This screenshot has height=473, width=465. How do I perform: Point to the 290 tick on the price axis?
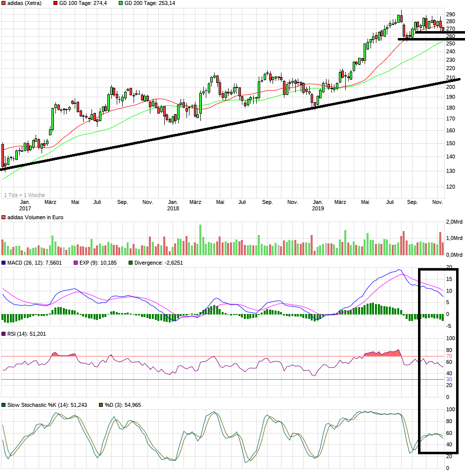pos(450,14)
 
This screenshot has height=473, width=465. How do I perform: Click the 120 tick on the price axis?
pos(450,187)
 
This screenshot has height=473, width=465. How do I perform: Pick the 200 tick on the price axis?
pos(450,87)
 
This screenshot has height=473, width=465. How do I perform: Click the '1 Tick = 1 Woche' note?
pos(24,195)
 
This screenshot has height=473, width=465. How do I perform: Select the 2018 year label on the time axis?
pos(173,208)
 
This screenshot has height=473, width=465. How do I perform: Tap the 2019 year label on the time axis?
pos(318,208)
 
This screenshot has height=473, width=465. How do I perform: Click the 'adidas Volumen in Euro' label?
pos(34,217)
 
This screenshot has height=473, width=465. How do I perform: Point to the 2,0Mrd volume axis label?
pos(454,221)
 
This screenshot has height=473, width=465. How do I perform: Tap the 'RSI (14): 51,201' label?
pos(26,334)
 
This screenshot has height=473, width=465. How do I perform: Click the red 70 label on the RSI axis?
pos(449,356)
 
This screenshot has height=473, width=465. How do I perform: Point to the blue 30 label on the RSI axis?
pos(449,379)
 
